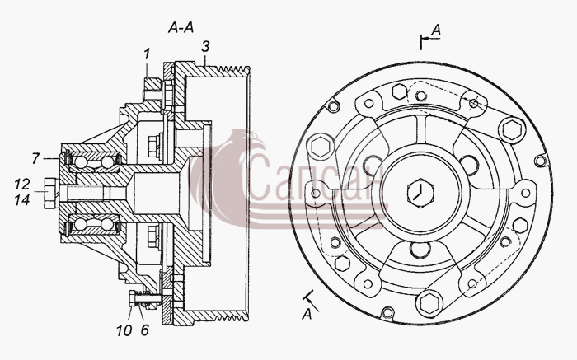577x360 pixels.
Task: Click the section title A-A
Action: pyautogui.click(x=181, y=27)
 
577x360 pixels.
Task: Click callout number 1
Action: pyautogui.click(x=147, y=54)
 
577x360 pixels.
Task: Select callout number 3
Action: pyautogui.click(x=205, y=47)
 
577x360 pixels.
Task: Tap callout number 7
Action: pyautogui.click(x=35, y=158)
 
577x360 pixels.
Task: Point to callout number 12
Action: pyautogui.click(x=22, y=184)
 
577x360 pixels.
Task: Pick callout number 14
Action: pyautogui.click(x=22, y=199)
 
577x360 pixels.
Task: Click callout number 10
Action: pyautogui.click(x=124, y=330)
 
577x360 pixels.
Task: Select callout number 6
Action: pyautogui.click(x=144, y=330)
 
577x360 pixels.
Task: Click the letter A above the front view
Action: pyautogui.click(x=436, y=30)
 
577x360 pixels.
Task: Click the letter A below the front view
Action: pyautogui.click(x=307, y=315)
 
